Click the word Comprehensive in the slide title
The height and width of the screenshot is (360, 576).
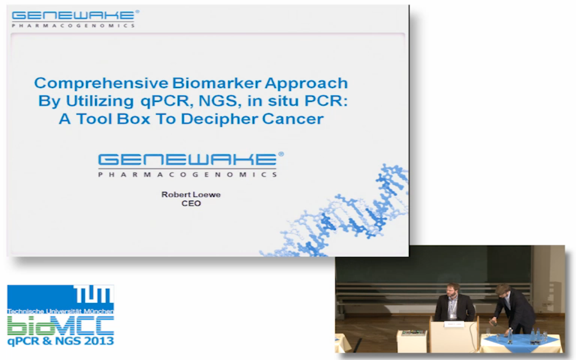click(x=101, y=84)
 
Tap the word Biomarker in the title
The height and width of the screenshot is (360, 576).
click(x=217, y=83)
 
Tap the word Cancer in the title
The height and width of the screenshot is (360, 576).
click(x=292, y=119)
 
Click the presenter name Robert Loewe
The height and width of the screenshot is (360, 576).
click(x=191, y=194)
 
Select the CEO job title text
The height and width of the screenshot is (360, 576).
click(x=191, y=203)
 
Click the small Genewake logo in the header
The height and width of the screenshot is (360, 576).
click(x=75, y=18)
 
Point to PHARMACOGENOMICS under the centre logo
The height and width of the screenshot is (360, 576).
click(x=188, y=175)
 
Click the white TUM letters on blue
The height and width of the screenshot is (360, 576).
click(x=94, y=294)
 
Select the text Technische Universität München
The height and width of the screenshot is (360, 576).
click(x=60, y=311)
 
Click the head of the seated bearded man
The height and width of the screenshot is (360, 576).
click(x=453, y=291)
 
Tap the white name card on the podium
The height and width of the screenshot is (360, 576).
click(x=454, y=324)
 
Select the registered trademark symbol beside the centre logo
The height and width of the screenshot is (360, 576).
click(x=281, y=154)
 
